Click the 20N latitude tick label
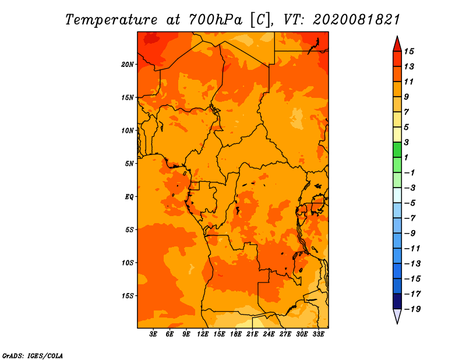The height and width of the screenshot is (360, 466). tap(128, 65)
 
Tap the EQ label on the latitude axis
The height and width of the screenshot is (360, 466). tap(129, 197)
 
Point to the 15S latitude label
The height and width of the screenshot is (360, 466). tap(128, 296)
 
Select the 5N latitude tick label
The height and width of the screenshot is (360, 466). tap(129, 164)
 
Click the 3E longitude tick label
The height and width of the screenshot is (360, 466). tap(153, 334)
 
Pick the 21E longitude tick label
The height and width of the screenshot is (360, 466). tap(252, 334)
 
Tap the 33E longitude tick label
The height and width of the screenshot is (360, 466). tap(318, 334)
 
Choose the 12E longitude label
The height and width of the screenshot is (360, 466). tap(203, 334)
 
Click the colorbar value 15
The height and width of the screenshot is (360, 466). tap(409, 51)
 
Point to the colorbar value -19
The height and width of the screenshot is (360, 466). tap(412, 309)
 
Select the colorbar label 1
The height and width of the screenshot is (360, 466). tap(406, 157)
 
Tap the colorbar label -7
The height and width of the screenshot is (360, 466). tap(410, 218)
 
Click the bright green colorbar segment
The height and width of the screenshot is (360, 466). tap(397, 150)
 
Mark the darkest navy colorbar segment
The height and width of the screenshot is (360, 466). tap(397, 301)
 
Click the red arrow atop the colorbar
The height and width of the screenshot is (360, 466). tap(397, 44)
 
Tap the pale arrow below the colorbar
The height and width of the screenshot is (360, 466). tap(397, 316)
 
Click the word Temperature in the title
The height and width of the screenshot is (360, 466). tap(111, 20)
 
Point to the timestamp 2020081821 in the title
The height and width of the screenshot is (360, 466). tap(356, 20)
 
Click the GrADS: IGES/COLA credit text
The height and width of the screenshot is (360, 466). tap(33, 355)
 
